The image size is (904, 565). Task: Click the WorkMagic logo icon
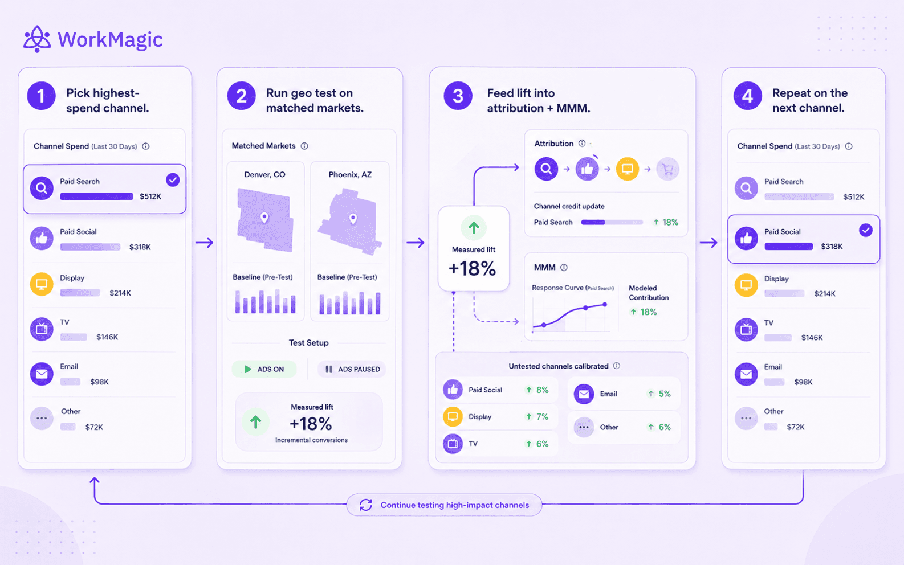click(37, 39)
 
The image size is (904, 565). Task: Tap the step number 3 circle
click(458, 96)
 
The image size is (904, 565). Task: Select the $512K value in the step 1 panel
click(150, 196)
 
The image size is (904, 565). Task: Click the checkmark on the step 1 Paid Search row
click(173, 180)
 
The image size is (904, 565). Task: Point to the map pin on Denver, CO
click(264, 218)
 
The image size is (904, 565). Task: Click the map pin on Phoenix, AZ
click(353, 219)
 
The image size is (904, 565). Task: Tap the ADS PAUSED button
click(352, 369)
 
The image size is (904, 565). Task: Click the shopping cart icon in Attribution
click(667, 169)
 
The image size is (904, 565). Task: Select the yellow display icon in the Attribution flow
click(627, 169)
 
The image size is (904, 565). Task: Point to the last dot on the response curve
click(605, 305)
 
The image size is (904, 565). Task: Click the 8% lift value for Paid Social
click(542, 390)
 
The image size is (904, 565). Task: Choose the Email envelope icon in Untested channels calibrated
click(584, 394)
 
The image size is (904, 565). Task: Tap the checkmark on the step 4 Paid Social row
click(865, 230)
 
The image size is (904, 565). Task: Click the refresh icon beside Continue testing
click(365, 505)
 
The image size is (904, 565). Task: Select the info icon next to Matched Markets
click(304, 146)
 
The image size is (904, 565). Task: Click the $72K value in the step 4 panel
click(796, 427)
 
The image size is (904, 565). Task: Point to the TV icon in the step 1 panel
click(42, 329)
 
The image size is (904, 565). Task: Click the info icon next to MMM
click(564, 267)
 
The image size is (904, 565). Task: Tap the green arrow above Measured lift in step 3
click(474, 227)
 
